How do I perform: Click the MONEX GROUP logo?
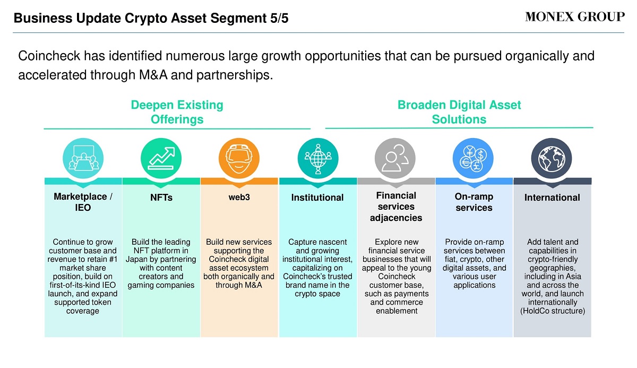(x=575, y=17)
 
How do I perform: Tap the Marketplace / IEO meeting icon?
(x=83, y=158)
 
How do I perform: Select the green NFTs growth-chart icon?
(x=161, y=158)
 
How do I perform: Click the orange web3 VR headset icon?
(x=239, y=158)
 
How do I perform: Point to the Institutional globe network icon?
(x=318, y=158)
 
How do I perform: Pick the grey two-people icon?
(x=395, y=158)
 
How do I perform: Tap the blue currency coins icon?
(x=473, y=158)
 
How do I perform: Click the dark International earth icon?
(x=552, y=158)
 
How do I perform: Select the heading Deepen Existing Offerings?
(x=177, y=112)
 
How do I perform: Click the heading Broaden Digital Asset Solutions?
(x=459, y=112)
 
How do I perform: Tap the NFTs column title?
(x=161, y=198)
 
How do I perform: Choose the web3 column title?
(x=239, y=197)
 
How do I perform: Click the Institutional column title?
(x=317, y=198)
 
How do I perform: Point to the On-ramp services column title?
(x=474, y=202)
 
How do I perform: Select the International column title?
(x=552, y=198)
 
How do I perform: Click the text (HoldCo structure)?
(x=553, y=311)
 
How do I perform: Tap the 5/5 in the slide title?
(x=279, y=18)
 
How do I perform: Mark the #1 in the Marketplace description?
(x=113, y=259)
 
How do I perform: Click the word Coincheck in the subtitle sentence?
(x=49, y=56)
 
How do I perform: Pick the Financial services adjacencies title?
(x=396, y=207)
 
